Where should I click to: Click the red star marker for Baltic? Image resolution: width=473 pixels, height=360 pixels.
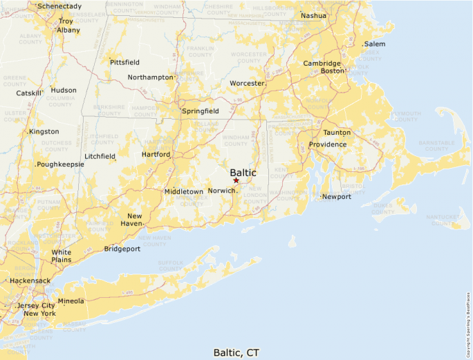(x=236, y=180)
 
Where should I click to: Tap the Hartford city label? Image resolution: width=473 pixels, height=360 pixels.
(x=156, y=155)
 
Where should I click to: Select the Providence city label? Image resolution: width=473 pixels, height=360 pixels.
(x=328, y=144)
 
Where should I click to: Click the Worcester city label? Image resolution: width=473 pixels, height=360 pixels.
(x=247, y=84)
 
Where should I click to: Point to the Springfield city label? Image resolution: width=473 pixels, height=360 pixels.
(x=200, y=111)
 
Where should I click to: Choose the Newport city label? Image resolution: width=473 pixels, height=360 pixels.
(x=337, y=196)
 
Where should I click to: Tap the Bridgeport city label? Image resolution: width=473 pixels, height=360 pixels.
(x=122, y=249)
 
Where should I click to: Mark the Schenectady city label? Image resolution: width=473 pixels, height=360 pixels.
(x=59, y=6)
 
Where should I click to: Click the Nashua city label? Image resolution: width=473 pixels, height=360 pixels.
(x=313, y=15)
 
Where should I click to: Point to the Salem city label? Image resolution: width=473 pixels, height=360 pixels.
(x=375, y=44)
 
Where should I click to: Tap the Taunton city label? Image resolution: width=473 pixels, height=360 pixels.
(x=337, y=132)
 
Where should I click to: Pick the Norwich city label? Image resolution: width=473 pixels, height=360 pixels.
(x=222, y=191)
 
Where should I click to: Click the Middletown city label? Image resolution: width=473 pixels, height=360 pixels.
(x=184, y=191)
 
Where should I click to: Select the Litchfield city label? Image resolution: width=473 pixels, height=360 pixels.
(x=100, y=156)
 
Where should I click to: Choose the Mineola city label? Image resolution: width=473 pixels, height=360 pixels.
(x=71, y=301)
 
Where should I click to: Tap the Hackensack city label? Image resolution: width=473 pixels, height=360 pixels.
(x=30, y=281)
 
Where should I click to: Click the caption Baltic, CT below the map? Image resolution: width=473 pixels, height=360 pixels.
(x=236, y=352)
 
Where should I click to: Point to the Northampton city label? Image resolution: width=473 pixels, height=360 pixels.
(x=150, y=77)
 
